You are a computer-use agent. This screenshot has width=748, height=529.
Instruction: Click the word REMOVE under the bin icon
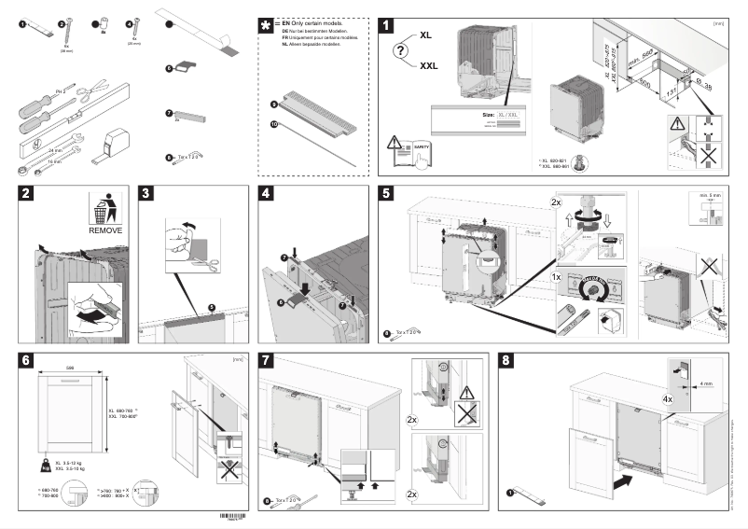click(x=104, y=229)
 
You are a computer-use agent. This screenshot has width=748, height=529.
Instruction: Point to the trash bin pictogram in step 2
click(x=104, y=207)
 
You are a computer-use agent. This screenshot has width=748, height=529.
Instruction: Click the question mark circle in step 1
click(x=402, y=51)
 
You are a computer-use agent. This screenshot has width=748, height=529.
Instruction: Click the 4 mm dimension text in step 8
click(x=710, y=382)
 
